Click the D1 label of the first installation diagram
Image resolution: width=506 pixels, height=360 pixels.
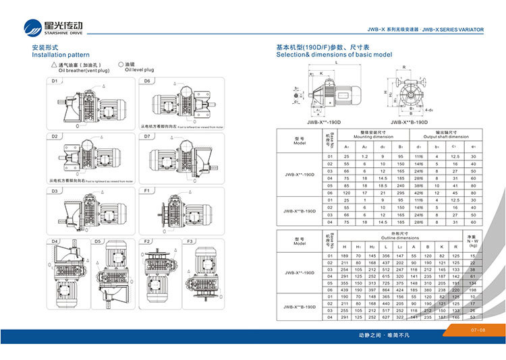pos(55,81)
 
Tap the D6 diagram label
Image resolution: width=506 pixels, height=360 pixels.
pos(146,81)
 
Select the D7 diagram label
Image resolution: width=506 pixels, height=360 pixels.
pos(146,136)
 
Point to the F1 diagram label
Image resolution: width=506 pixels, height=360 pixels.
pos(146,191)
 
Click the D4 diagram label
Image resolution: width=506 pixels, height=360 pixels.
pos(55,241)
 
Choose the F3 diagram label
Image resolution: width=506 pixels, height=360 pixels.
pos(190,241)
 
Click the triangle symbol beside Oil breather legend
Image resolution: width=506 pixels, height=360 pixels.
pos(54,63)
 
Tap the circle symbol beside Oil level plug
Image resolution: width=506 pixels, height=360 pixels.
pos(120,63)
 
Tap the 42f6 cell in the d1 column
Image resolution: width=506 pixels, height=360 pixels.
pos(418,193)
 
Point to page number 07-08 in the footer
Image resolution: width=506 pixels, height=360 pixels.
pos(476,330)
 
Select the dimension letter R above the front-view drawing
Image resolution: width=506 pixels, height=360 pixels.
pos(403,67)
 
